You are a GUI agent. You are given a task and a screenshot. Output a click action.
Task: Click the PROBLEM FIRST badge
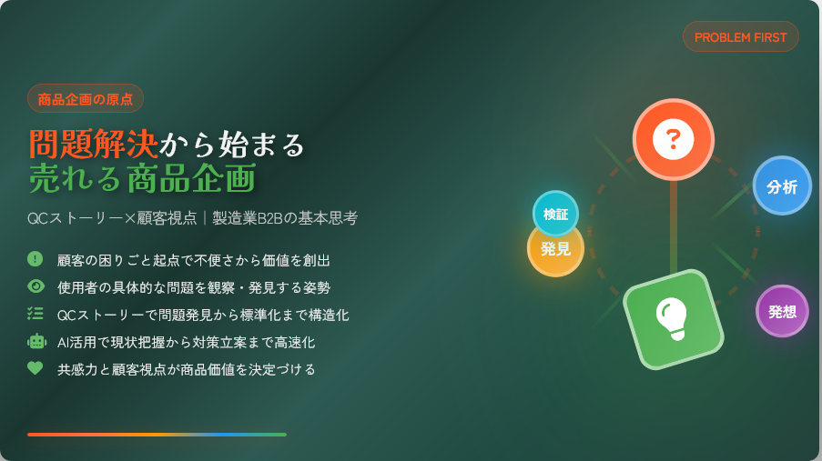(x=741, y=36)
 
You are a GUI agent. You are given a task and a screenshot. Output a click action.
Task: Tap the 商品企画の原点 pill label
(x=86, y=98)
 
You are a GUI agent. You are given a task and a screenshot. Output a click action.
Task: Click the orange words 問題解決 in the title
(x=94, y=144)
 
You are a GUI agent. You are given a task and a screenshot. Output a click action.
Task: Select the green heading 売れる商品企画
(x=143, y=178)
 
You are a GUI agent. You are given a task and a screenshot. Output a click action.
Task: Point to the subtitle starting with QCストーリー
(x=192, y=218)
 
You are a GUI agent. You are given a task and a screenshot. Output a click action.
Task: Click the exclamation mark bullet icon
(x=36, y=259)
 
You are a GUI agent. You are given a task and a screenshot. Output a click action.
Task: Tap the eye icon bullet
(x=36, y=286)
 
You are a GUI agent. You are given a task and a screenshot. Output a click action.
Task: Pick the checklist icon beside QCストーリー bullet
(x=36, y=314)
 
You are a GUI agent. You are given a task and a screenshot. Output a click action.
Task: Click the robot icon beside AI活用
(x=36, y=341)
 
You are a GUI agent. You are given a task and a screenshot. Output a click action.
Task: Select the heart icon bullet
(x=36, y=368)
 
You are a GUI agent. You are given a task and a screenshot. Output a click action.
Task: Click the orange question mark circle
(x=673, y=139)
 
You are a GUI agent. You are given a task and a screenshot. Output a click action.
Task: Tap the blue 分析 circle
(x=782, y=186)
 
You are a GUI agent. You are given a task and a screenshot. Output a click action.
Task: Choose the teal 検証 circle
(x=555, y=214)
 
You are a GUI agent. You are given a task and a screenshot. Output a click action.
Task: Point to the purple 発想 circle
(x=782, y=311)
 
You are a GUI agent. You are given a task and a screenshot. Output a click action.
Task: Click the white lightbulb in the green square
(x=672, y=318)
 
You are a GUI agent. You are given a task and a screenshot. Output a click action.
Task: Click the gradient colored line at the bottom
(x=157, y=435)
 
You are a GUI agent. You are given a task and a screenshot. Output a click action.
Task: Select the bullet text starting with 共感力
(x=186, y=369)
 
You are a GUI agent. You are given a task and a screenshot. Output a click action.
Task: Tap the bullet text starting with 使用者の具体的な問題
(x=194, y=287)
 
